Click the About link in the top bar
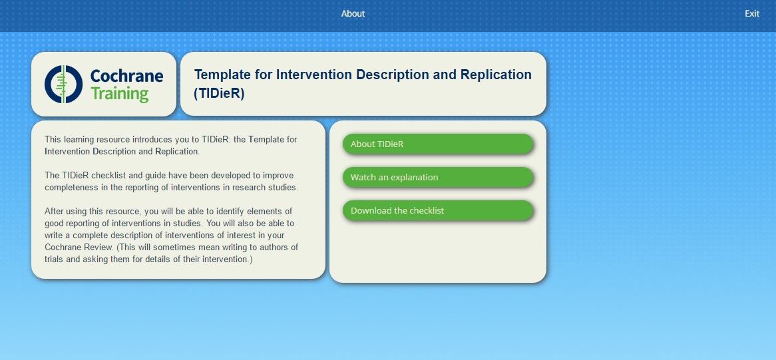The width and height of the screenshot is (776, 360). pos(353,14)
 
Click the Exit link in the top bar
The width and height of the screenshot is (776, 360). pos(752,14)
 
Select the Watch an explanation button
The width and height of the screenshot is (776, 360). pos(438,177)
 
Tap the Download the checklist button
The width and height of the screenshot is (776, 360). pos(438,210)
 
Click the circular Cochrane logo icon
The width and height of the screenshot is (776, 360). pos(63,84)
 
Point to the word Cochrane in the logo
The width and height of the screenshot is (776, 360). pos(126,76)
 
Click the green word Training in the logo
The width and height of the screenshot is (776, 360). pos(120,93)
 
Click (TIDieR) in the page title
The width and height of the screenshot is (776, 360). pos(219,93)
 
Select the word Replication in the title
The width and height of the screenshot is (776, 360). pos(496,75)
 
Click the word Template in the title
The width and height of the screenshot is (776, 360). pos(223,75)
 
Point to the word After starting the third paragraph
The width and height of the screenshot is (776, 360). pos(53,211)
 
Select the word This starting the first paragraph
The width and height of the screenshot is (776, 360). pos(53,140)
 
